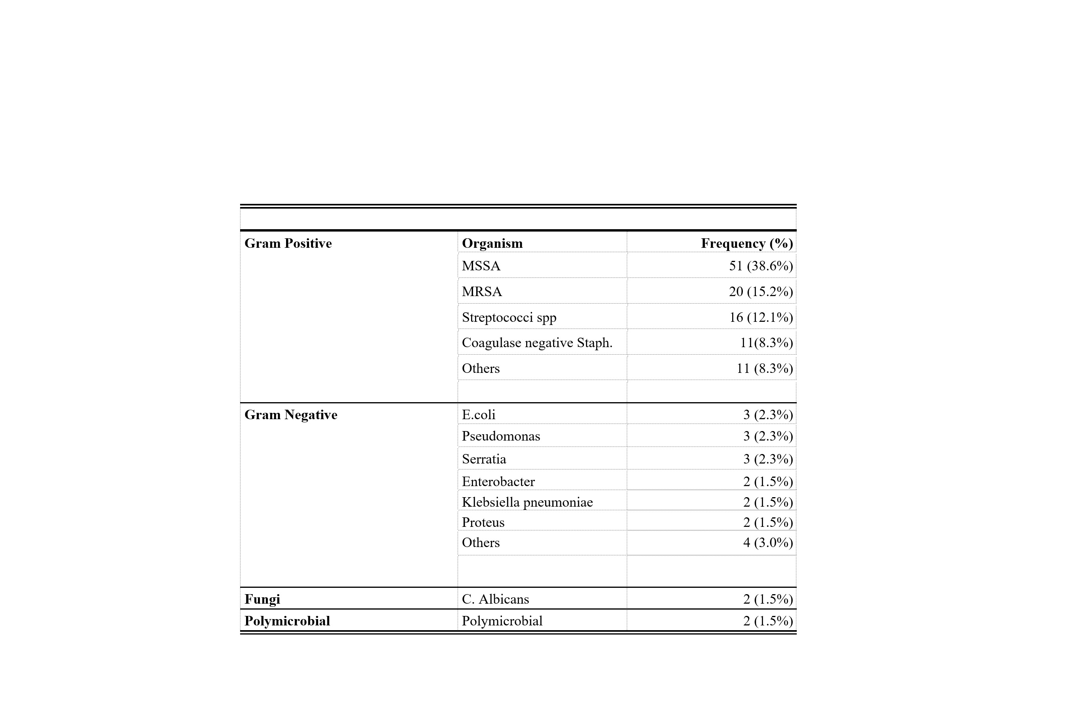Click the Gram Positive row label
point(288,243)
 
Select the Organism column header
point(492,243)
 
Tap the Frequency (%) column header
point(746,243)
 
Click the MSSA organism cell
point(481,266)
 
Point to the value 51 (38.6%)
point(760,266)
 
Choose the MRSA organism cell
point(482,291)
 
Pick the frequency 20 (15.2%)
point(760,291)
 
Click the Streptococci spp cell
point(509,317)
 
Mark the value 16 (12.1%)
point(760,317)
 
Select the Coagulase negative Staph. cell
point(537,342)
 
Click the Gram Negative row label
point(291,414)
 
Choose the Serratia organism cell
point(484,459)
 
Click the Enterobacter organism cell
point(498,481)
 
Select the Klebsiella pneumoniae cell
point(527,502)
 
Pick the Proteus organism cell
point(483,522)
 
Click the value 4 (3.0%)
point(768,542)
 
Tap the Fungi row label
point(262,598)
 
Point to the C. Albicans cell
point(496,598)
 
